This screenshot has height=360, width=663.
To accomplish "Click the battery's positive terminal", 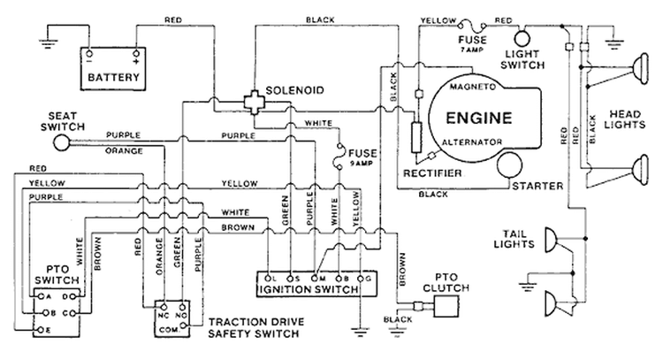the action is point(136,54).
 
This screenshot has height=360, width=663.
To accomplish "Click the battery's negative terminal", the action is point(89,54).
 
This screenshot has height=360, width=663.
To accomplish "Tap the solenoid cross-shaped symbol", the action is point(254,102).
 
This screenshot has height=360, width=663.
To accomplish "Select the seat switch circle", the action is point(62,142).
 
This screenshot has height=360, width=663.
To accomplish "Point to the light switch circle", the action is point(522,39).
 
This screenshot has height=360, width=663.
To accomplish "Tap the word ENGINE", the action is point(479,118).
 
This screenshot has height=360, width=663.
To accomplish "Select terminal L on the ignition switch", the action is point(268,279).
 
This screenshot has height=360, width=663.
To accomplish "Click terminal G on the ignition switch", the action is point(361,279).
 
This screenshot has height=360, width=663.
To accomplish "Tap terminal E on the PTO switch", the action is point(40,330).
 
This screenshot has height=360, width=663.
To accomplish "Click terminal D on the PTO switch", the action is point(72,297).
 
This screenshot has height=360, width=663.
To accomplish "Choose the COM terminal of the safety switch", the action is point(183,326).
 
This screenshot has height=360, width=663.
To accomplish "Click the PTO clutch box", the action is point(446,306).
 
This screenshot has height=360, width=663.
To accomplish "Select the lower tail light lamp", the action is point(551,303).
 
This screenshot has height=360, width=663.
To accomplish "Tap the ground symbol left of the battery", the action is point(48,43).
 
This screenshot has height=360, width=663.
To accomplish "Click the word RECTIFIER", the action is point(432,173).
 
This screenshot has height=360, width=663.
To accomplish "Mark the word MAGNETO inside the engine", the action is point(472,87).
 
